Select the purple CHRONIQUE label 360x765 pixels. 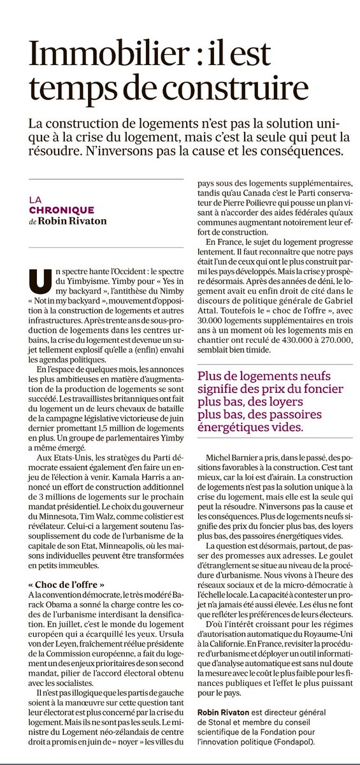[x=61, y=210]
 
